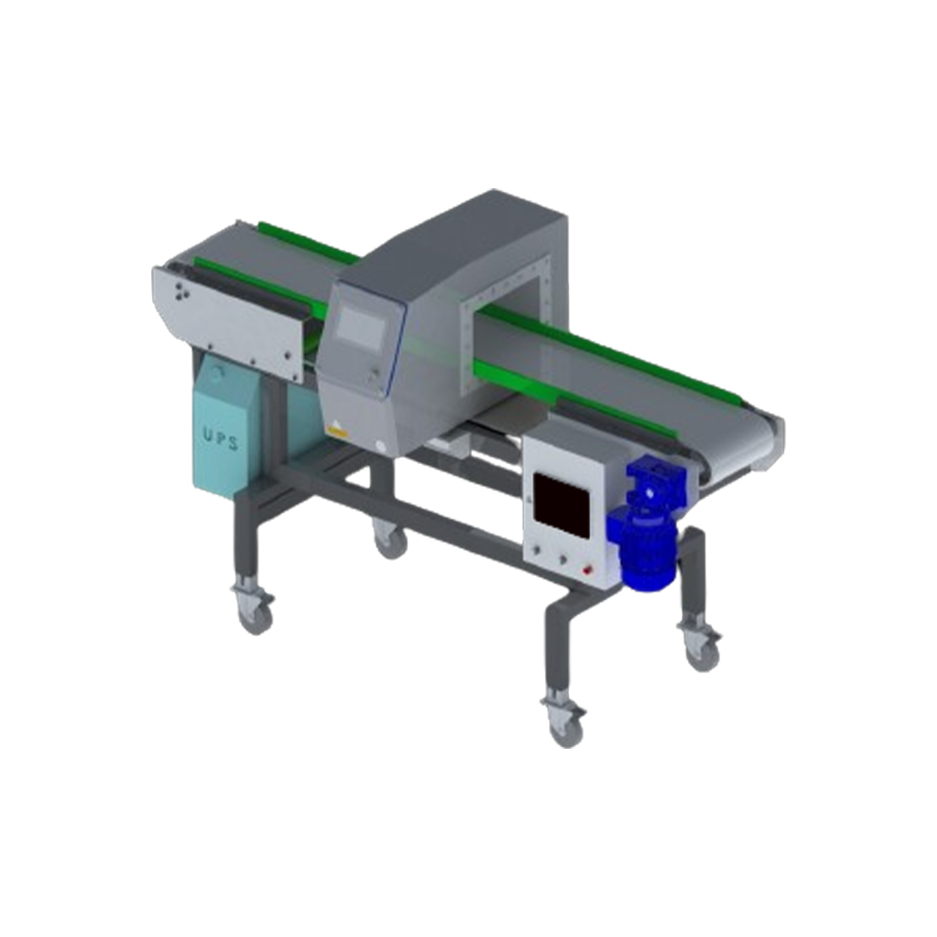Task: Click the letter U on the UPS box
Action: tap(207, 435)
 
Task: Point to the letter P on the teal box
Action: tap(220, 439)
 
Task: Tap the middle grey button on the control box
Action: tap(562, 560)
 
